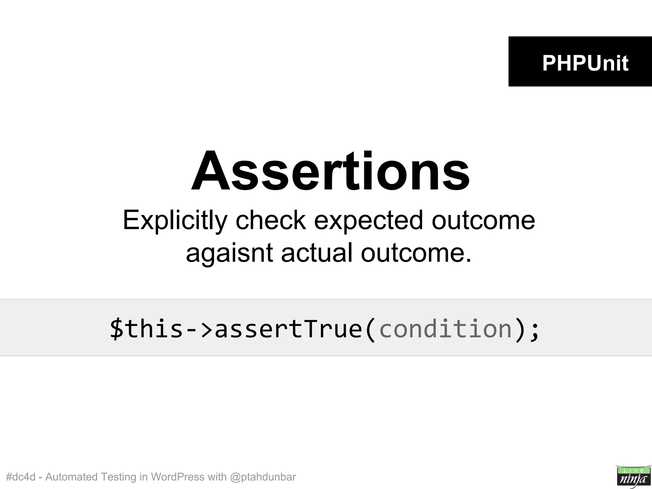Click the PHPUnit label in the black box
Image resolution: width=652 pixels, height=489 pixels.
585,63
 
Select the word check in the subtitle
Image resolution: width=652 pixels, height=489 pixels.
271,220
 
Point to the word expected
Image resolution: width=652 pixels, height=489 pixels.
369,220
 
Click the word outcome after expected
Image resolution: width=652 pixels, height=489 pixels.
483,220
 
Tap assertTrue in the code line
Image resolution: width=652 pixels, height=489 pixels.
288,329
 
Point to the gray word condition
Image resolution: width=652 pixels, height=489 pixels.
445,329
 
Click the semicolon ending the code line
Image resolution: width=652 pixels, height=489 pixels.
535,330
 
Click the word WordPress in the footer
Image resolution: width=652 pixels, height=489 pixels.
177,477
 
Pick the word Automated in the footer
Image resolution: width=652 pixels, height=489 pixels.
71,477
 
